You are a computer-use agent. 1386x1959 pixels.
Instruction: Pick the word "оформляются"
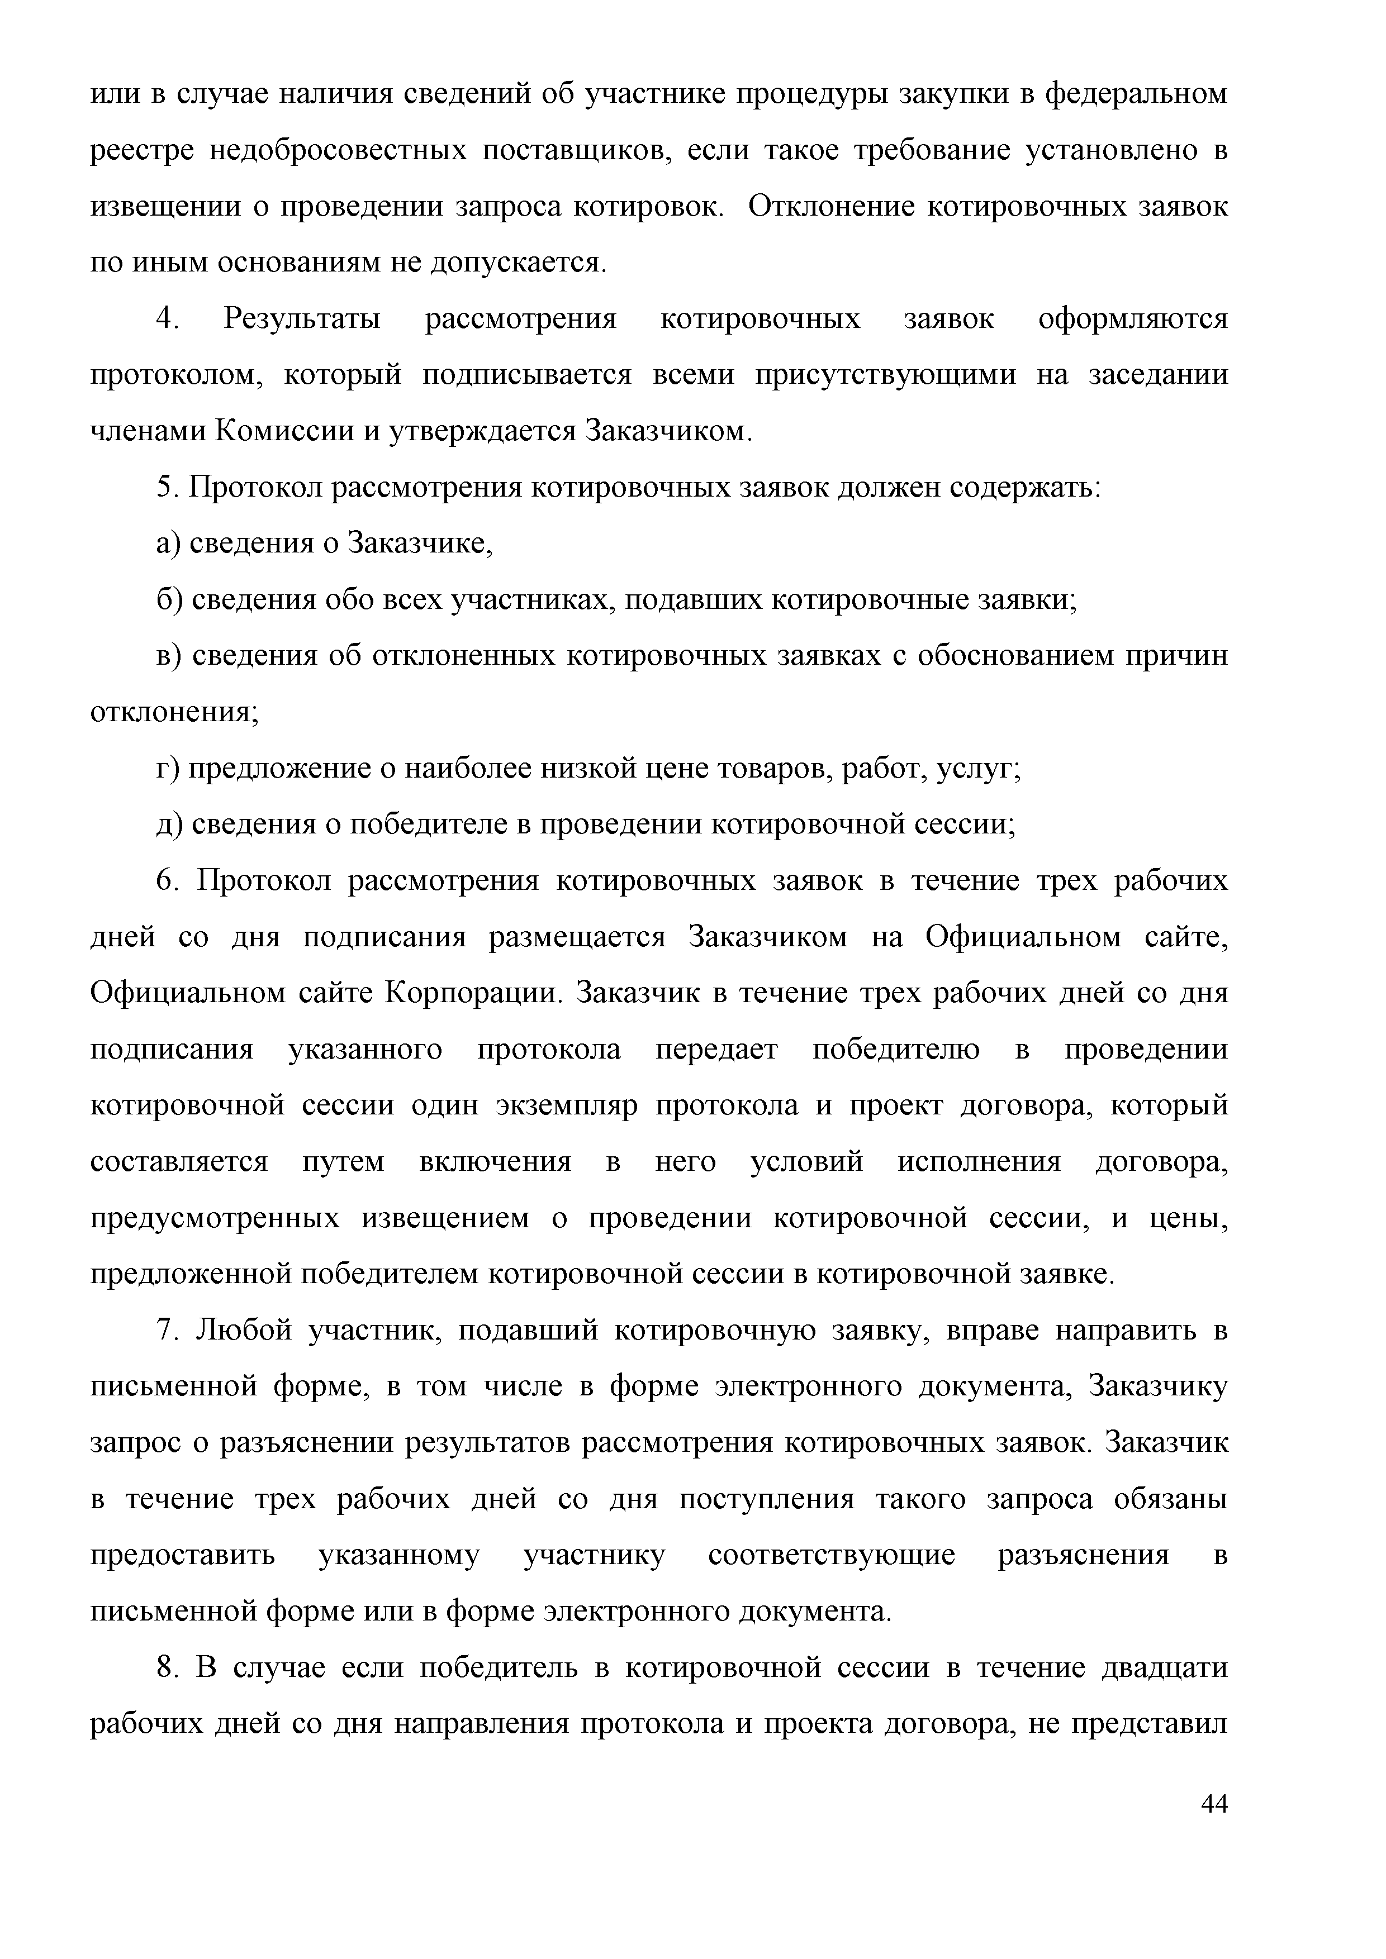coord(1132,319)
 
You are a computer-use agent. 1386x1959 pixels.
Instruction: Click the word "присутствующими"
coord(885,375)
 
